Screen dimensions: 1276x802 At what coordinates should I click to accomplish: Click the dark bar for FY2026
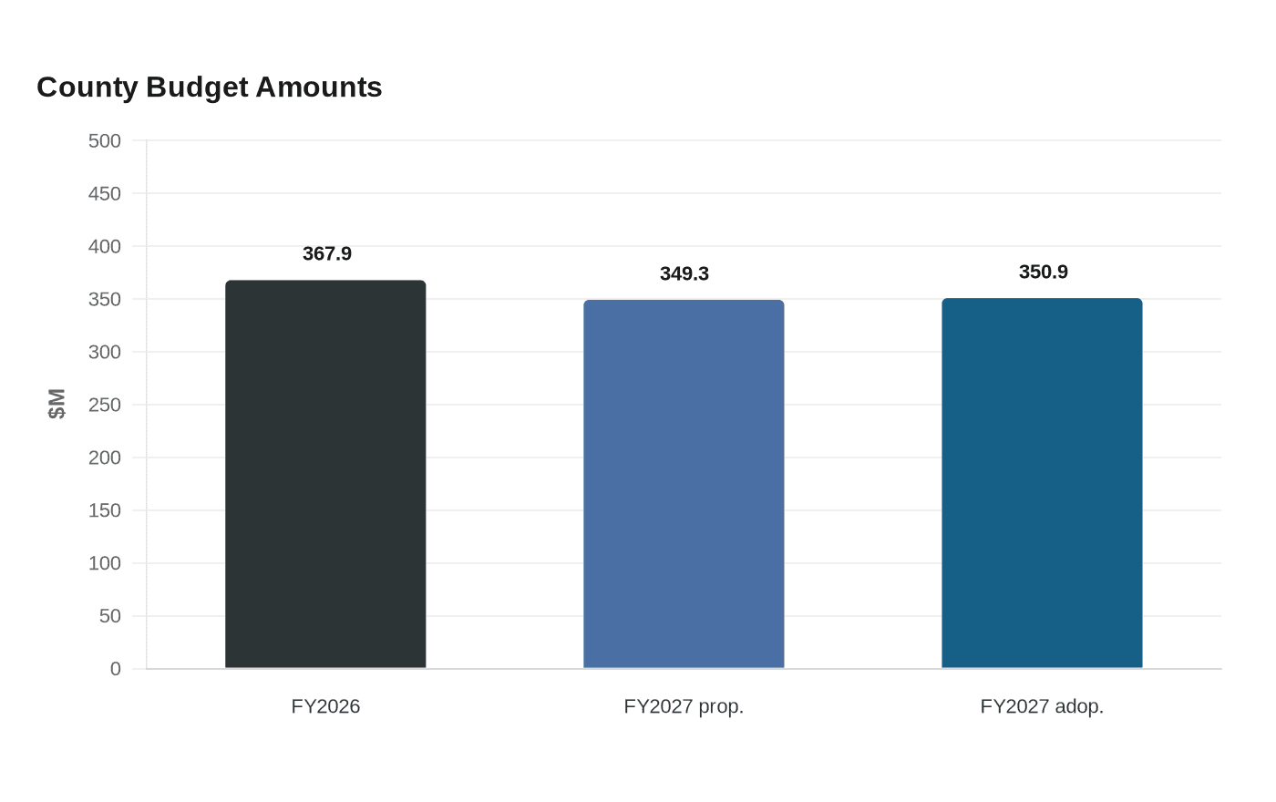coord(325,474)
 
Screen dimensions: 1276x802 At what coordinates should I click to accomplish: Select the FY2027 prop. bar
coord(684,484)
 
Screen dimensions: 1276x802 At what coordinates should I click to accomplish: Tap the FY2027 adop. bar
coord(1042,483)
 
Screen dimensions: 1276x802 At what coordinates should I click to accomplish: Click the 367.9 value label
coord(327,253)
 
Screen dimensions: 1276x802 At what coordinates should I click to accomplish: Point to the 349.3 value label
coord(684,273)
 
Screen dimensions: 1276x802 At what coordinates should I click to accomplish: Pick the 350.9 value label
coord(1043,272)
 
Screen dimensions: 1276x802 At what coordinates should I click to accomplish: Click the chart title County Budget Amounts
coord(209,87)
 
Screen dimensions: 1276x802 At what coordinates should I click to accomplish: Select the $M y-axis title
coord(57,404)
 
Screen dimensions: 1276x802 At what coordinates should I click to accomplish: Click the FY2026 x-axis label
coord(325,706)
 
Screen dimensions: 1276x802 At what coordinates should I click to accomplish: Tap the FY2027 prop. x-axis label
coord(684,707)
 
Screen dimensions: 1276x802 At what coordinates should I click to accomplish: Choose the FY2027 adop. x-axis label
coord(1042,707)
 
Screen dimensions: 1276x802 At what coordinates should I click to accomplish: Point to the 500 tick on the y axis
coord(104,140)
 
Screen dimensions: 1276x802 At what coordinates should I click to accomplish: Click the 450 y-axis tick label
coord(104,193)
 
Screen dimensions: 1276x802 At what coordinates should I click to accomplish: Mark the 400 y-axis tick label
coord(104,247)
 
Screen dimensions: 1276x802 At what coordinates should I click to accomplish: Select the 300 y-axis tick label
coord(104,352)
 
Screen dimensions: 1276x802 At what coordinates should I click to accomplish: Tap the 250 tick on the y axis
coord(104,405)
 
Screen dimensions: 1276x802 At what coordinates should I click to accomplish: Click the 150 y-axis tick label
coord(104,510)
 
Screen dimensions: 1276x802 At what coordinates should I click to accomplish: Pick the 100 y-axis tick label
coord(104,563)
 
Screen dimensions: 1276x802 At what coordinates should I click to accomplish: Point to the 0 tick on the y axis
coord(116,669)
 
